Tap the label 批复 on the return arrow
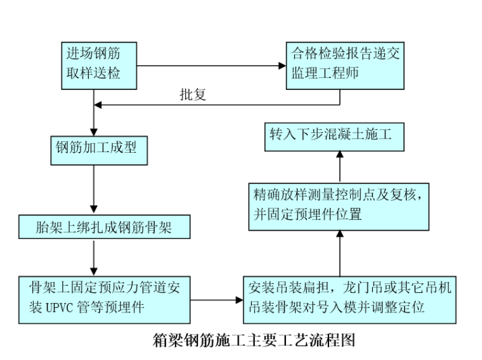193,96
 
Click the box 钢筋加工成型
93,149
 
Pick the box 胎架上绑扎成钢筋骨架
103,226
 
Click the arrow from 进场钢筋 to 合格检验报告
209,65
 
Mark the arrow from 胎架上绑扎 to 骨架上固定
94,257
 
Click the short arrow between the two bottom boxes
216,297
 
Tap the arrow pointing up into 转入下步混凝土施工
339,165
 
